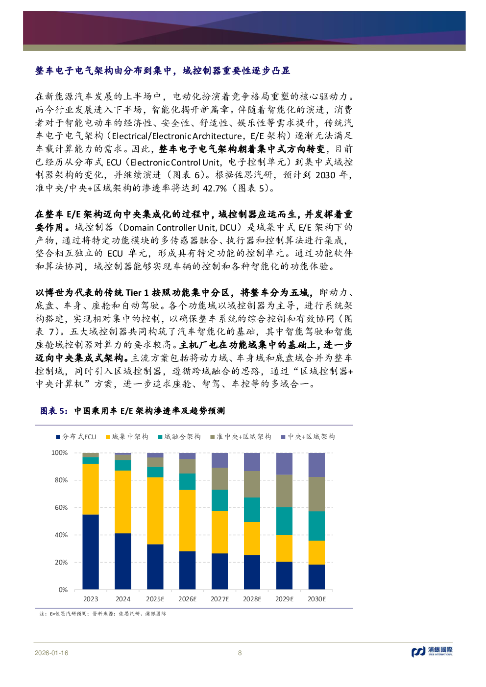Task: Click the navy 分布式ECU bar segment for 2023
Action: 90,551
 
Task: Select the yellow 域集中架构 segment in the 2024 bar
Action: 122,501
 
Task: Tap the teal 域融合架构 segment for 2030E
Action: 316,525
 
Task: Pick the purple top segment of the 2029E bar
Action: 284,463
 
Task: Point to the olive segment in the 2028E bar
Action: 252,484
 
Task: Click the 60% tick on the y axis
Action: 61,507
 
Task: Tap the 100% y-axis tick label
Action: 60,452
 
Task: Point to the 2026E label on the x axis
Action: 187,599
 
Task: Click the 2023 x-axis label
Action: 90,599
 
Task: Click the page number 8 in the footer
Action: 240,653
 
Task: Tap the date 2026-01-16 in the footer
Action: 51,653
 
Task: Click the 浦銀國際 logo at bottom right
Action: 432,651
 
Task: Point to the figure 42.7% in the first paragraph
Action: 215,188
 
